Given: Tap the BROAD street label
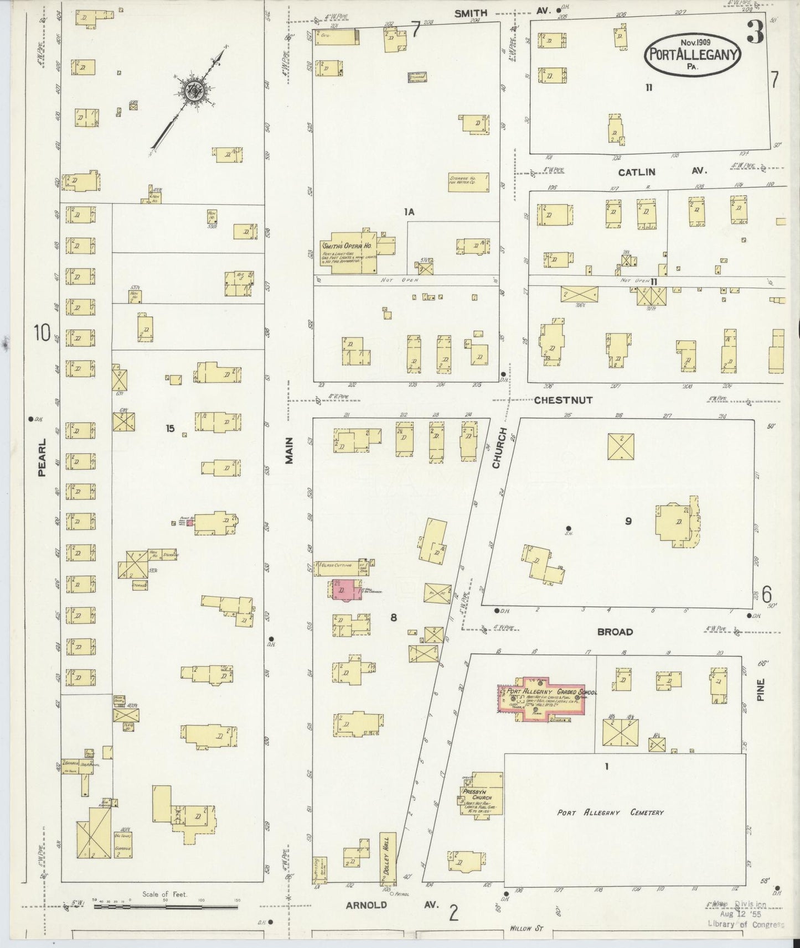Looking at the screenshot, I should click(x=615, y=631).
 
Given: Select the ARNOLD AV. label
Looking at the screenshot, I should click(x=393, y=905).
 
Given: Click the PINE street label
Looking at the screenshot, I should click(x=760, y=690).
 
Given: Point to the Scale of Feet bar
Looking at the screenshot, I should click(x=166, y=907).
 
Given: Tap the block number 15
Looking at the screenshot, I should click(x=171, y=428).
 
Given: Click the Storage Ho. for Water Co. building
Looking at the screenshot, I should click(x=468, y=182).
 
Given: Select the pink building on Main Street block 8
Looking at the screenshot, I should click(x=345, y=590).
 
